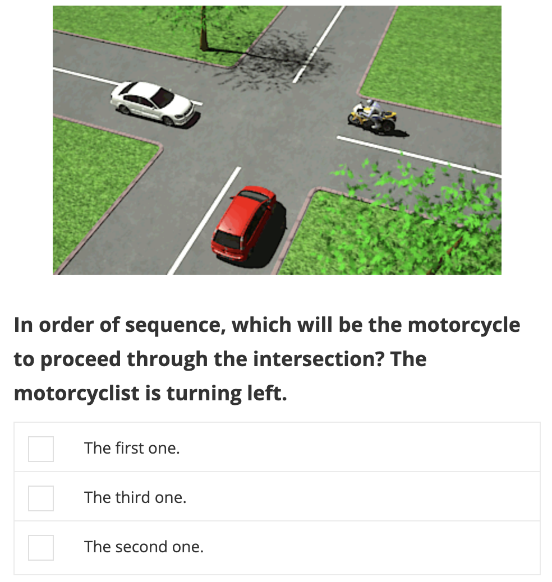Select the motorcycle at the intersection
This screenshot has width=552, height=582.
(372, 116)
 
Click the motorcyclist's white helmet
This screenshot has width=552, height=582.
(370, 103)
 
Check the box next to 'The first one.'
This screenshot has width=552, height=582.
(41, 449)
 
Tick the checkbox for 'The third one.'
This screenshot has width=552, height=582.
(41, 498)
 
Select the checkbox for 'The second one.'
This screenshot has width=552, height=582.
(41, 547)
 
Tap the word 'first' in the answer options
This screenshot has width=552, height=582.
(130, 448)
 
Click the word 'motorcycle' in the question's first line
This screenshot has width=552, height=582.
(464, 326)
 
